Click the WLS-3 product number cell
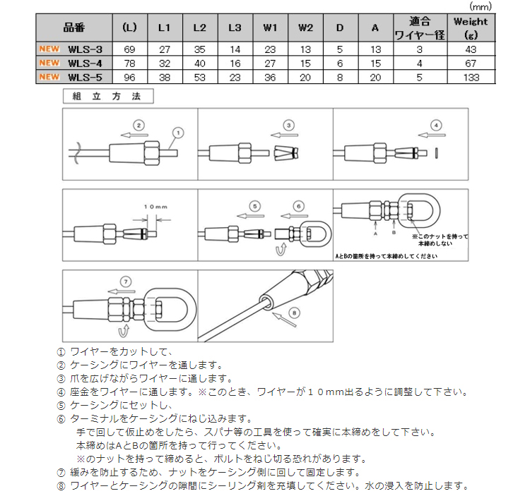(x=85, y=49)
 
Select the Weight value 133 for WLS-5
(x=471, y=77)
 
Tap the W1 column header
(x=270, y=28)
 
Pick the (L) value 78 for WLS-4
(x=129, y=63)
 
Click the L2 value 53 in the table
(x=200, y=77)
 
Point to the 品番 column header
(x=73, y=28)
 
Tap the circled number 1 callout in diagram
(x=177, y=131)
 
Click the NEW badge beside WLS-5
(x=49, y=77)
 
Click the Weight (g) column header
(x=471, y=28)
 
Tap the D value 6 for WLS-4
(x=340, y=63)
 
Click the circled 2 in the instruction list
(x=61, y=365)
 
